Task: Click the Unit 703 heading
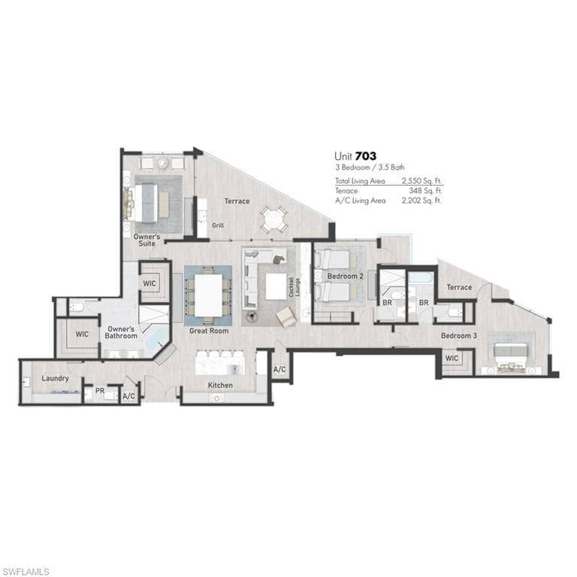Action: coord(355,156)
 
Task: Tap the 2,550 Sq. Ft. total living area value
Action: coord(422,181)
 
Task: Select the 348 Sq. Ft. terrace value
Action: coord(426,191)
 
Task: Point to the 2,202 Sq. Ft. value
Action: coord(422,201)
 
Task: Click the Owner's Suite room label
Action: coord(147,240)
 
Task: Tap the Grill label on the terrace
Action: coord(218,225)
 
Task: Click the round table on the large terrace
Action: coord(273,219)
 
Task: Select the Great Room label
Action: coord(209,331)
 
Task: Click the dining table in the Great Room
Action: coord(208,295)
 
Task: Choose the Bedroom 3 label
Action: coord(458,335)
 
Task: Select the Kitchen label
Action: coord(220,385)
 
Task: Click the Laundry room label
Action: coord(56,378)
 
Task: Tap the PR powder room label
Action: coord(99,391)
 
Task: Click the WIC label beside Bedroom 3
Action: coord(451,358)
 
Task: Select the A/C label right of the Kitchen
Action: coord(279,370)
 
